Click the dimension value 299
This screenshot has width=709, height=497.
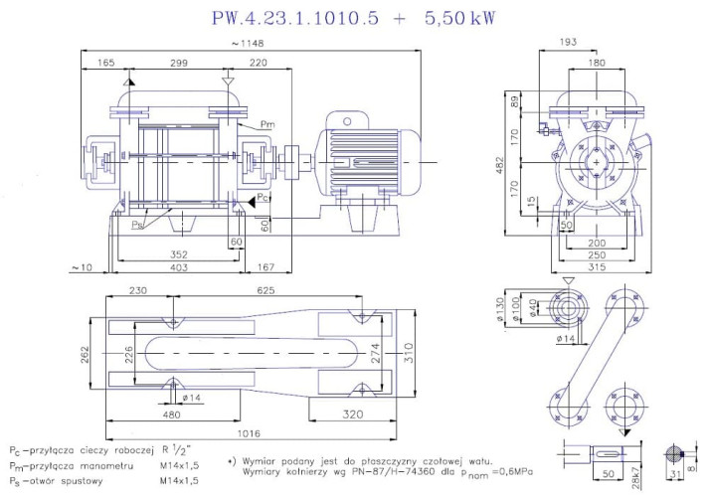coord(178,62)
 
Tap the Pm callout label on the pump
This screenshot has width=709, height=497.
coord(266,123)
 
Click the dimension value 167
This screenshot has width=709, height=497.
coord(266,266)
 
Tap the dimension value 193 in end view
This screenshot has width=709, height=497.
coord(597,44)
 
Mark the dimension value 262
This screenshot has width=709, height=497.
coord(86,354)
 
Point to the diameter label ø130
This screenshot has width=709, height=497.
coord(501,309)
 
